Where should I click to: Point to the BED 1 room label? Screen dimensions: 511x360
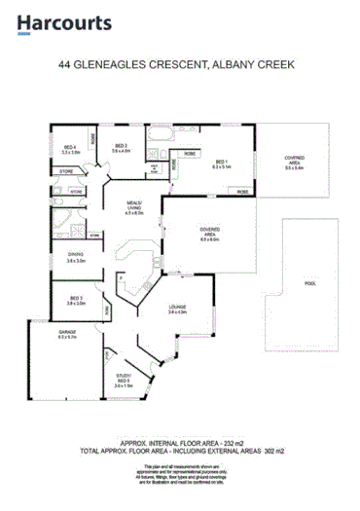222,163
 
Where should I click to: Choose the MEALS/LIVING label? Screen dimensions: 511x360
135,207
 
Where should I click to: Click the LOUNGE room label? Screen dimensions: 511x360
176,308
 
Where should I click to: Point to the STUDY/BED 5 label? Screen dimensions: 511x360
124,379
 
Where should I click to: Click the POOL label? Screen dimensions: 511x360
310,284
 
